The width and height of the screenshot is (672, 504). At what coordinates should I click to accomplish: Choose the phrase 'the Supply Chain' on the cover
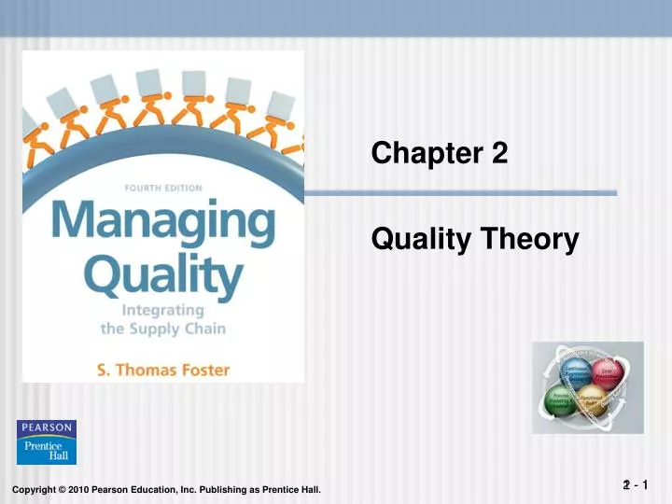pyautogui.click(x=162, y=328)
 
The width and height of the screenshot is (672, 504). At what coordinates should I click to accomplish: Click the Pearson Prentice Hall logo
pyautogui.click(x=47, y=442)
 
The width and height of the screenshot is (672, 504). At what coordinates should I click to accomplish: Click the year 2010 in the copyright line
pyautogui.click(x=77, y=491)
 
